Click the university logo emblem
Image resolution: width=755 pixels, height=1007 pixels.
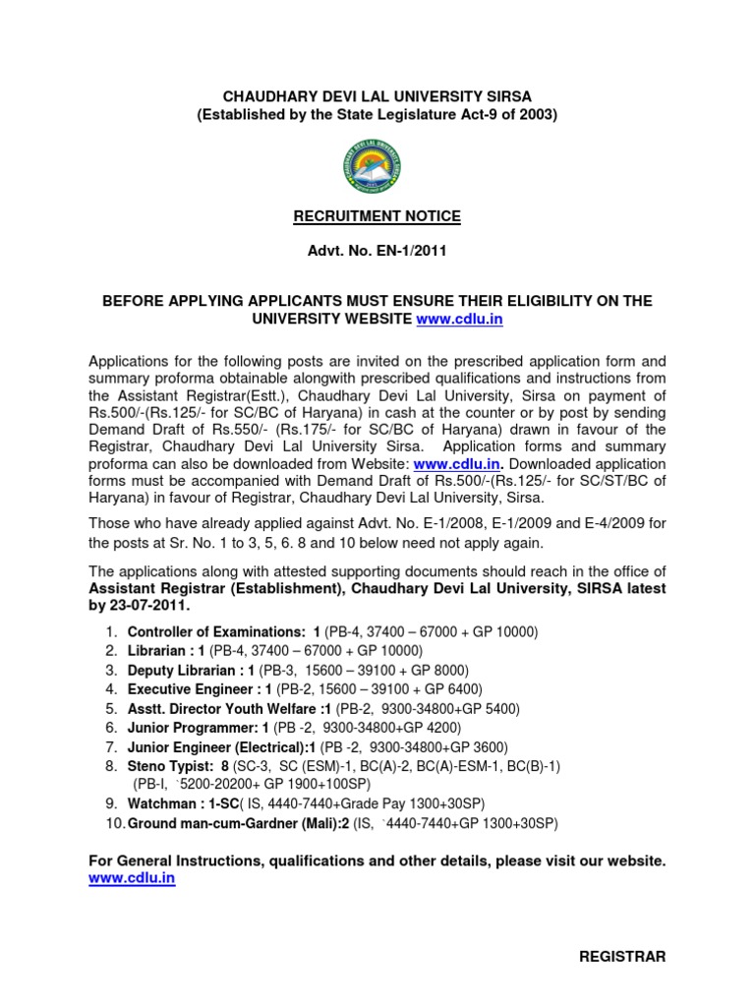pos(377,164)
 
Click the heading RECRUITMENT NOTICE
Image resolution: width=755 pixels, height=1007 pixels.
pos(377,215)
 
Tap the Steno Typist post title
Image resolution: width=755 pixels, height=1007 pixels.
pos(168,765)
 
